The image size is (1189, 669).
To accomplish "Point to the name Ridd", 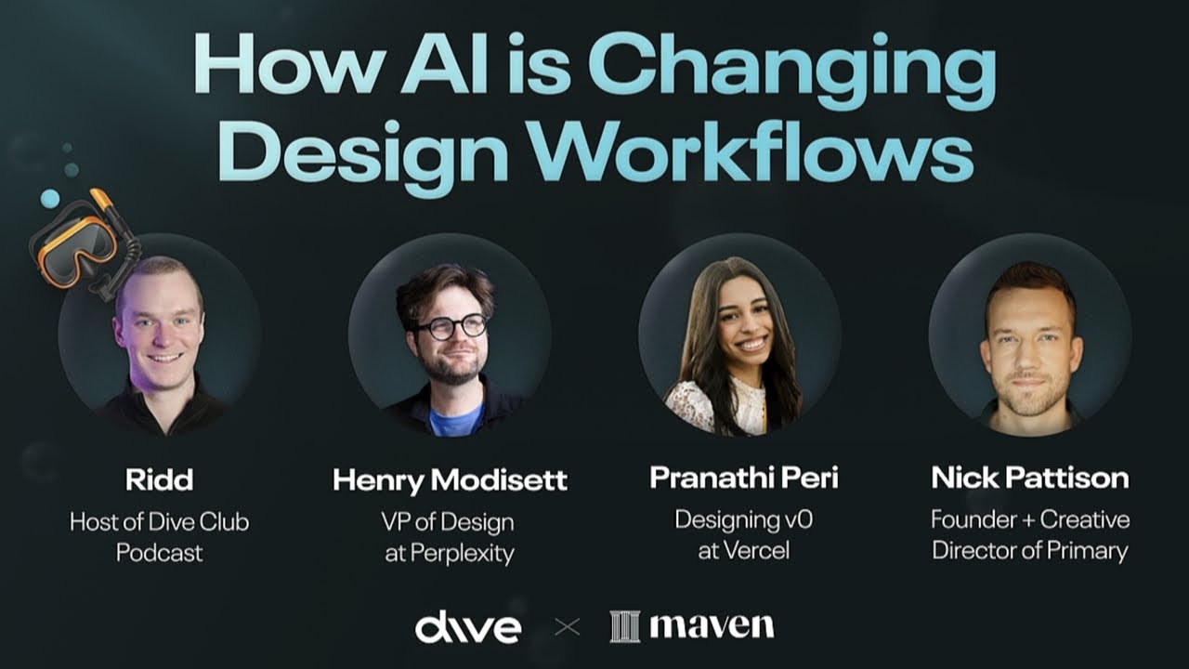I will click(159, 479).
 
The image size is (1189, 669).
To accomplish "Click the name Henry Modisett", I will click(450, 480).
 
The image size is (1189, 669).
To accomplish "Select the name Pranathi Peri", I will click(743, 478).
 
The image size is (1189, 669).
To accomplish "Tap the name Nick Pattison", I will click(1030, 479).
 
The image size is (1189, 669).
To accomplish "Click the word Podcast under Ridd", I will click(159, 553).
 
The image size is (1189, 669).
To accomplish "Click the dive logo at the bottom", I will click(468, 627).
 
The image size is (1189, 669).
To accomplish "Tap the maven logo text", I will click(712, 625).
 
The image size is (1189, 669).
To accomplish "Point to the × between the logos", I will click(566, 627).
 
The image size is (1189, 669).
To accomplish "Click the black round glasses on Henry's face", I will click(451, 326).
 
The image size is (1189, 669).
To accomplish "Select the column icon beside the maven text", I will click(624, 626).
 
